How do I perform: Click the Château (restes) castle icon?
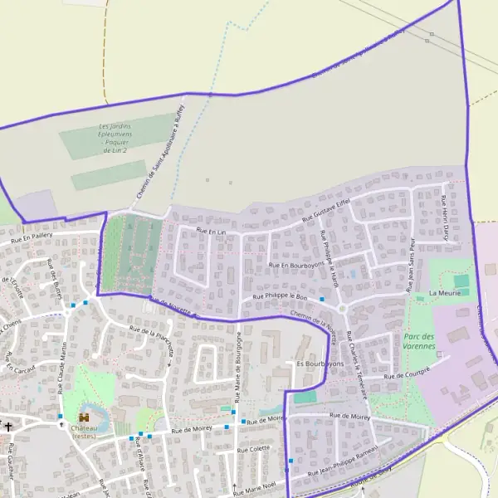point(85,417)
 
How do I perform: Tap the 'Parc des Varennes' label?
point(420,341)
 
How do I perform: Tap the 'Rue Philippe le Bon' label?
point(279,296)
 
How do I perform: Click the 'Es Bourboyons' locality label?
point(320,364)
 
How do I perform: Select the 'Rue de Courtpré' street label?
point(408,373)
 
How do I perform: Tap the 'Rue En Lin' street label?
point(211,230)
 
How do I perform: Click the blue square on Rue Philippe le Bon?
point(321,298)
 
